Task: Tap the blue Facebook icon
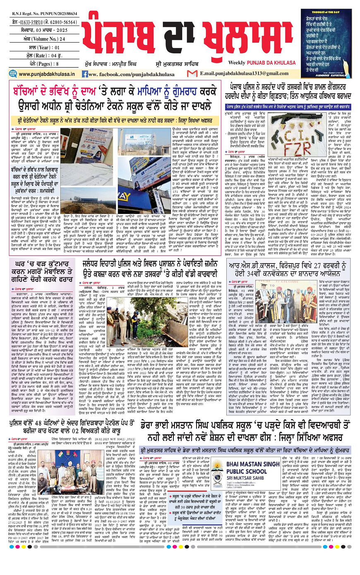tap(85, 74)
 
